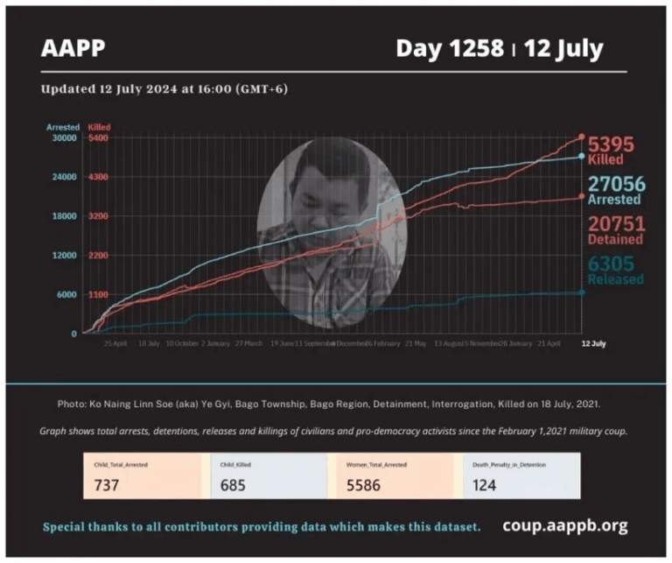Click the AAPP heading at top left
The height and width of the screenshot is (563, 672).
[73, 49]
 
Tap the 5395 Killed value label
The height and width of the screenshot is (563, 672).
[610, 150]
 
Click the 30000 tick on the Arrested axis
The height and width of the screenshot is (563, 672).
[66, 137]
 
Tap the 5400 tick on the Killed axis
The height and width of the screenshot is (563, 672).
[98, 137]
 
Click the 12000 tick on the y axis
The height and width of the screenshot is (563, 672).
[66, 255]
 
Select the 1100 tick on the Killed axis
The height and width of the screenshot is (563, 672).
[98, 294]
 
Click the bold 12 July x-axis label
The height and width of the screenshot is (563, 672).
[593, 344]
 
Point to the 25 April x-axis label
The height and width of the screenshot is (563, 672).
[115, 344]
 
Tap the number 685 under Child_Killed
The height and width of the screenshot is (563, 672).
[234, 484]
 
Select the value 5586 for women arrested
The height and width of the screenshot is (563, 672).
[363, 484]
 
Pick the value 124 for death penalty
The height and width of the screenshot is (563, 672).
[484, 484]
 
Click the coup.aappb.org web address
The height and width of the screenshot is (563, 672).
[564, 525]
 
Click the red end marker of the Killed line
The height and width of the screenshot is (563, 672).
[582, 137]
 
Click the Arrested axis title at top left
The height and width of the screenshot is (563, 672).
[63, 127]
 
